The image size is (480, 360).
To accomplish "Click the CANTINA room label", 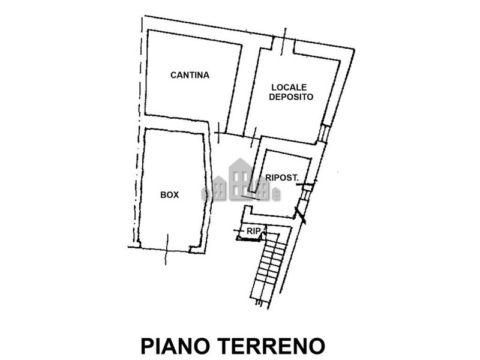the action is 190,75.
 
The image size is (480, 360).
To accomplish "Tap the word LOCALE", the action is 289,87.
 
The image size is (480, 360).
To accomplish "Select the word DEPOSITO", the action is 291,97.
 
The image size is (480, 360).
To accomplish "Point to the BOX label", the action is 170,194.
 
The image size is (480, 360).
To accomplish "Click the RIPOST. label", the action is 281,178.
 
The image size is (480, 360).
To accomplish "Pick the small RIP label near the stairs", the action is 253,231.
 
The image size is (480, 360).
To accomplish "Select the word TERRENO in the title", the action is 271,346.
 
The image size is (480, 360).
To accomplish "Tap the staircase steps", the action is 270,267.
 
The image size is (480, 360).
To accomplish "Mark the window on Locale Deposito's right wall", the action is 324,133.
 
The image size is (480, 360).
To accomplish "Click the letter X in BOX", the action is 175,194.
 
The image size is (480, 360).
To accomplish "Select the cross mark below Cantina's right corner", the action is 218,133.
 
